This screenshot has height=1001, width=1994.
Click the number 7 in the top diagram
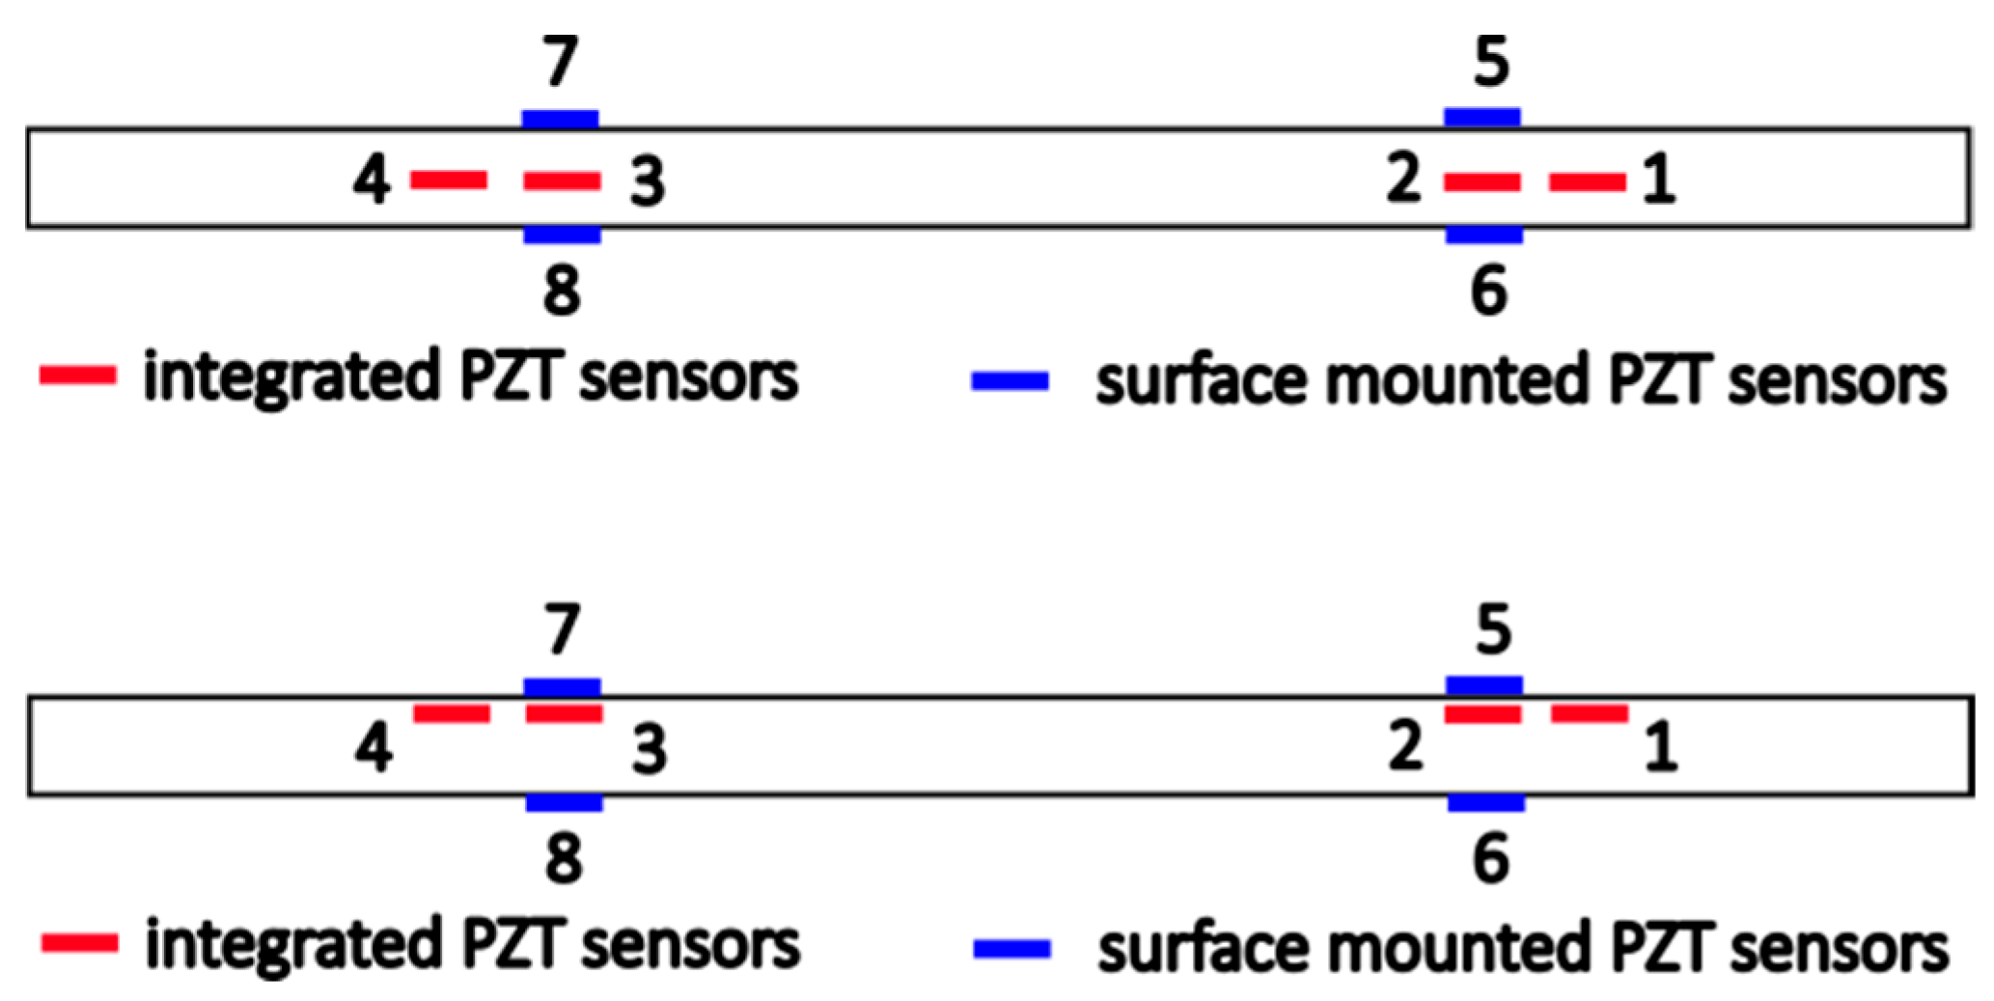[x=561, y=62]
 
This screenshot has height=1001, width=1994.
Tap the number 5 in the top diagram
[x=1491, y=62]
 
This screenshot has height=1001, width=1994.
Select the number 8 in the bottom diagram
[x=564, y=858]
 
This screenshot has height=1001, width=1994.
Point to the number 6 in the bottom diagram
[x=1491, y=858]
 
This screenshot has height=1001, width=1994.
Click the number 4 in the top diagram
[x=372, y=181]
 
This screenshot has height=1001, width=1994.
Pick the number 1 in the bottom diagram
[x=1660, y=748]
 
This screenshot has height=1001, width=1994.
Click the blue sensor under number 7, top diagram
[x=560, y=119]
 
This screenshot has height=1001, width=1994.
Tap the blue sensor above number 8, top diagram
[x=562, y=235]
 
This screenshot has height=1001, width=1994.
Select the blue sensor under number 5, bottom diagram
[x=1484, y=686]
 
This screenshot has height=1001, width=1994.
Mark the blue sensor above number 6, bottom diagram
[x=1486, y=802]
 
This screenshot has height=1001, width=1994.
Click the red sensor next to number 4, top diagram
[x=449, y=180]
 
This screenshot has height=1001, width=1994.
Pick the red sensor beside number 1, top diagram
[x=1588, y=181]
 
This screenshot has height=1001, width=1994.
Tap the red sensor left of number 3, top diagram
[x=562, y=181]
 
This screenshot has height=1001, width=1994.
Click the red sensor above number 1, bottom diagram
[x=1590, y=713]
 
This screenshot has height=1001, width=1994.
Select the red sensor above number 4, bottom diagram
[x=452, y=713]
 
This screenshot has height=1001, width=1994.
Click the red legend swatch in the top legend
[x=77, y=375]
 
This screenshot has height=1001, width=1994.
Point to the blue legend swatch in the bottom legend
[x=1012, y=949]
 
